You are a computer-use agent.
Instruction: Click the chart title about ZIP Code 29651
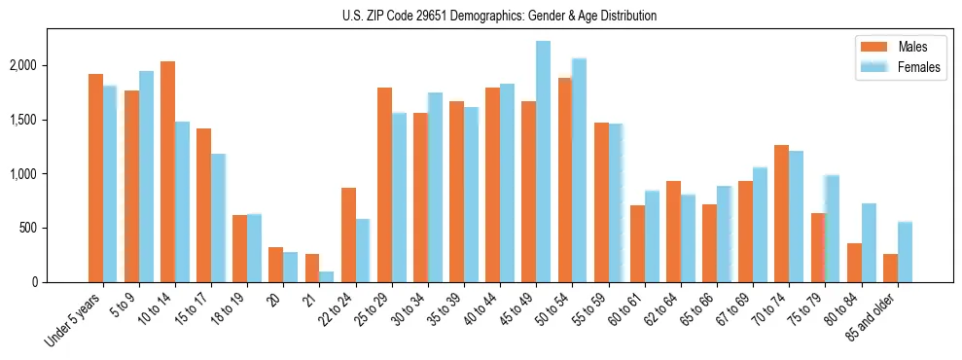click(499, 16)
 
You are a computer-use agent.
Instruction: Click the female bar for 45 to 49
click(543, 162)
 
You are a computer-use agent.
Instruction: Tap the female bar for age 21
click(327, 276)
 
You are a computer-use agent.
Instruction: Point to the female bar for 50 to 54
click(579, 170)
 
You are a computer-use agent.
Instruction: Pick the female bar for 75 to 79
click(832, 229)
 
